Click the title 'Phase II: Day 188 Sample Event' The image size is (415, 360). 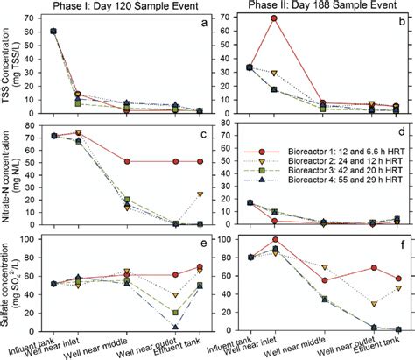pos(310,7)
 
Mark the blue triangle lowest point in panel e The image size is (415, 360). pos(176,328)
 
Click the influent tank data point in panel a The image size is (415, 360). pos(53,32)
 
